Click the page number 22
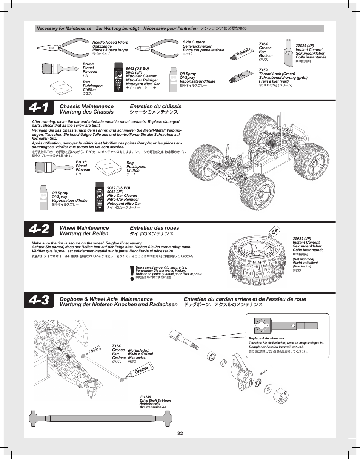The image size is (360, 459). (180, 434)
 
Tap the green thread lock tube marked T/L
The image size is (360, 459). (242, 77)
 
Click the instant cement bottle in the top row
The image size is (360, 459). (288, 52)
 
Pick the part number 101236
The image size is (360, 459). (145, 397)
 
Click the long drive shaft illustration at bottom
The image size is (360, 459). (101, 418)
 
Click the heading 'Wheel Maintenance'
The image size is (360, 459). (84, 228)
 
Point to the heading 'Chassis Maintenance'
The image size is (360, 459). (86, 106)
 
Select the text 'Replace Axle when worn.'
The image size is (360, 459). (268, 338)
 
